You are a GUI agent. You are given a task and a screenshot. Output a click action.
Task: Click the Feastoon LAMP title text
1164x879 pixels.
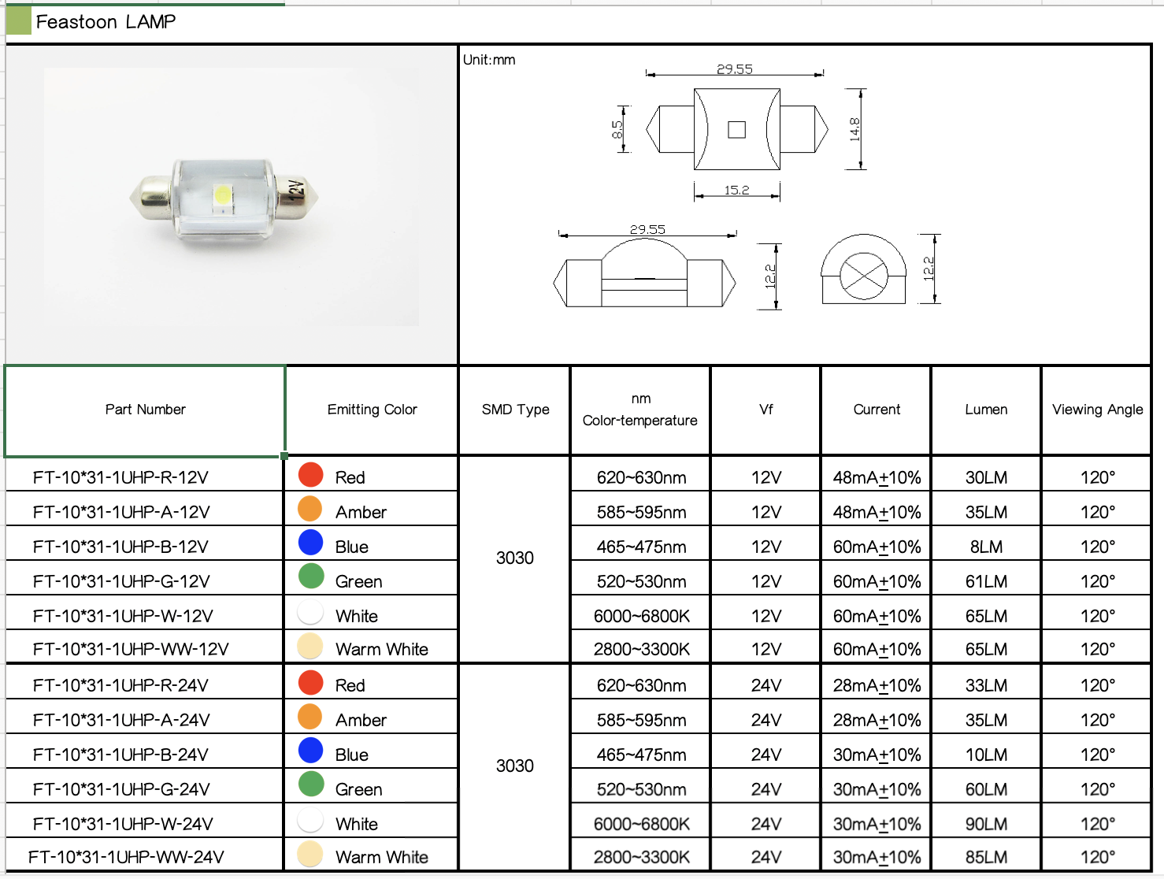(x=106, y=22)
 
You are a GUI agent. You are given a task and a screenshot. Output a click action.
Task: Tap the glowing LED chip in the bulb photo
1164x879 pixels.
(x=223, y=195)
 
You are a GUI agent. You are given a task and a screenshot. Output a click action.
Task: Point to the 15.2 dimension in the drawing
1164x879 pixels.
(x=736, y=190)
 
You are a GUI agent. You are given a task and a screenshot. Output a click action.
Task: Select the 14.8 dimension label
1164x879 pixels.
(x=854, y=128)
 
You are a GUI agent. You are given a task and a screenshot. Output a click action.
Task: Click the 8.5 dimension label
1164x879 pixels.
(x=617, y=129)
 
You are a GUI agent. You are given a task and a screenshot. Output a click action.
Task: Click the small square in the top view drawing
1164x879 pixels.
(x=736, y=129)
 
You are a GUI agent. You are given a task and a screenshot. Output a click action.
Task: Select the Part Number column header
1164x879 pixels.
(x=145, y=410)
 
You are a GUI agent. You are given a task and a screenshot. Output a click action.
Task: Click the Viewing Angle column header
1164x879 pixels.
(x=1097, y=410)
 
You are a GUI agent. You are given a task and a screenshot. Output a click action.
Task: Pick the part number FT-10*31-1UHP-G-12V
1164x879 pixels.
(x=121, y=581)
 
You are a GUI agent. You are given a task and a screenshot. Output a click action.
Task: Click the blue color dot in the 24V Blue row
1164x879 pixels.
(x=311, y=751)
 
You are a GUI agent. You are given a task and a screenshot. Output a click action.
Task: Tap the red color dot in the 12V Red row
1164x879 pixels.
(x=311, y=474)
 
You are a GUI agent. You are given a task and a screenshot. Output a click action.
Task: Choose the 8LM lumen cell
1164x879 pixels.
(x=986, y=547)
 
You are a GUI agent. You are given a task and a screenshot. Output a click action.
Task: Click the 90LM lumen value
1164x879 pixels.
(x=986, y=824)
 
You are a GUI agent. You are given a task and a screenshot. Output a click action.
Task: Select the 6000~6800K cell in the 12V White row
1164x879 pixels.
(x=641, y=616)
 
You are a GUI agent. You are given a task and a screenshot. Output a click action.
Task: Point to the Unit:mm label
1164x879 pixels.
(x=489, y=60)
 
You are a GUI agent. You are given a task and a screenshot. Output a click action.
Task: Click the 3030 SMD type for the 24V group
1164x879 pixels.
(x=514, y=766)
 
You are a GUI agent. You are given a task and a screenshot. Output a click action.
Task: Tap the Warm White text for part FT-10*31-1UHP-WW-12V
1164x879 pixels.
(x=381, y=649)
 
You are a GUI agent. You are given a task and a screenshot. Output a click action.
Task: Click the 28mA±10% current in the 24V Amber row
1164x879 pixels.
(x=877, y=720)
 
